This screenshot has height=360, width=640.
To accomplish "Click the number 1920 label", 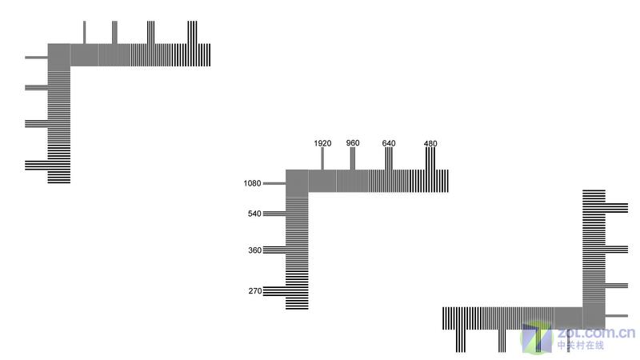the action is [322, 143].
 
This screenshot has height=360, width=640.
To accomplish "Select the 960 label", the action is [353, 143].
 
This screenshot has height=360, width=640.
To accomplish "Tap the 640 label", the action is [389, 143].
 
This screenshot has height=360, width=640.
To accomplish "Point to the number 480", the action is [430, 144].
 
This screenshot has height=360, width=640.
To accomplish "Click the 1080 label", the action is [252, 183].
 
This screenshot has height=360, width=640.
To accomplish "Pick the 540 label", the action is [254, 214].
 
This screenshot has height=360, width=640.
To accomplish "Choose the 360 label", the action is [254, 250].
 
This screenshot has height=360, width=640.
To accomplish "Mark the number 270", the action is [255, 291].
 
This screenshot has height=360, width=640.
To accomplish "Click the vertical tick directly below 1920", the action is [322, 158].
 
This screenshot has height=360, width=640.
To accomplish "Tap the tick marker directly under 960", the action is [353, 158].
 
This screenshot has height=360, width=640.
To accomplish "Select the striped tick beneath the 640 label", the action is [389, 158].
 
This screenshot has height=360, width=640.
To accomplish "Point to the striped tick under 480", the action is [430, 158].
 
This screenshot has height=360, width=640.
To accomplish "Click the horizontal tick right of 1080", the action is [274, 183].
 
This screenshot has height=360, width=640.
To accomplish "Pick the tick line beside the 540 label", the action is [274, 214].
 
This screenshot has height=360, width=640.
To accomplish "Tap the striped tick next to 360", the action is [274, 250].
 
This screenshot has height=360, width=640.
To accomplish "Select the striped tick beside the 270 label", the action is [274, 291].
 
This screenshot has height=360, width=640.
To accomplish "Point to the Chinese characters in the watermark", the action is [581, 346].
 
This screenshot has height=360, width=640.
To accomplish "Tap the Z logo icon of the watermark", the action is [536, 338].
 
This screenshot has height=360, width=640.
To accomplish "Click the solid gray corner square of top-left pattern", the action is [58, 57].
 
